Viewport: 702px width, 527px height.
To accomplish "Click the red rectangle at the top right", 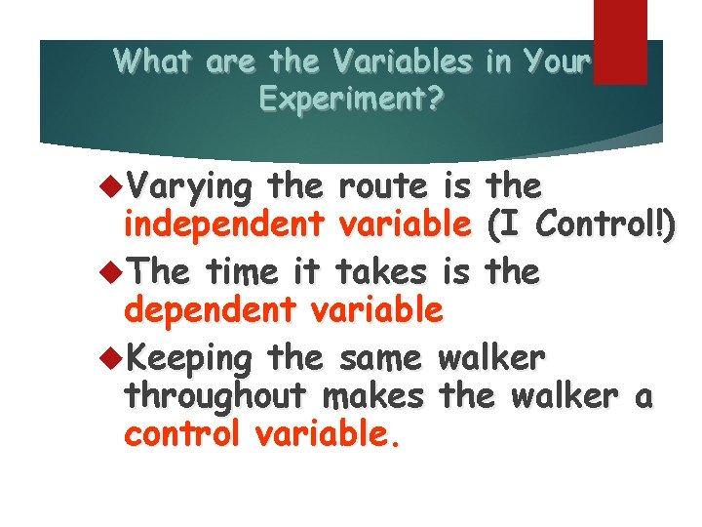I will point(620,41).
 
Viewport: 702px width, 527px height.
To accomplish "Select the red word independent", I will point(223,226).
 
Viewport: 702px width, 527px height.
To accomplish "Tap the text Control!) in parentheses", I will point(604,226).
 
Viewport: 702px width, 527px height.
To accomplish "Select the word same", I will point(378,356).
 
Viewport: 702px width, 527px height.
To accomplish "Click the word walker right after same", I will point(490,356).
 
